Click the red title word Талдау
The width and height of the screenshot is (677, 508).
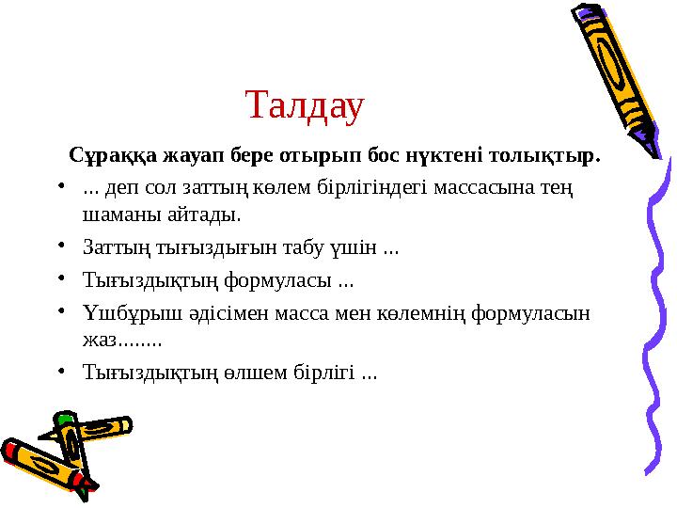(304, 106)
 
